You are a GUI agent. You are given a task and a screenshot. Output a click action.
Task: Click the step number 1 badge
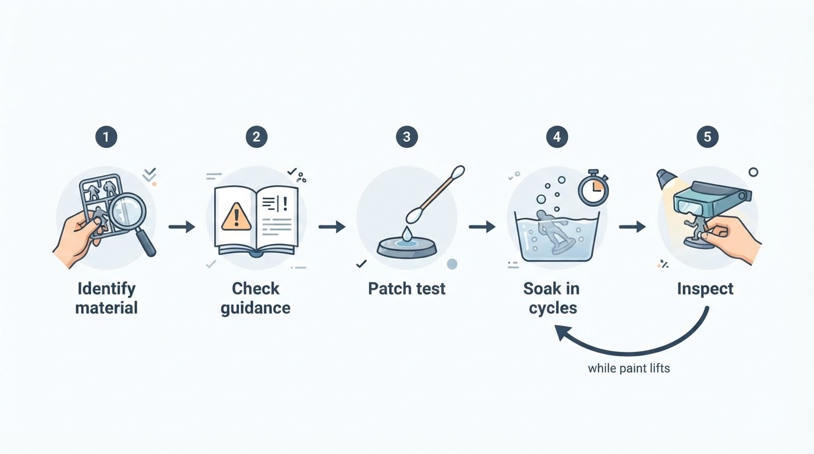point(106,137)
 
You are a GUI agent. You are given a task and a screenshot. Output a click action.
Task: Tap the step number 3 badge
point(406,137)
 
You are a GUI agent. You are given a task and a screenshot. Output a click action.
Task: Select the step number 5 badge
point(707,137)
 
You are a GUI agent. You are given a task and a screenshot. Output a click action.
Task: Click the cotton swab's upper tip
point(458,173)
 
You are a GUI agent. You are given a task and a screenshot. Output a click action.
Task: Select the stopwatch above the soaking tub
point(593,188)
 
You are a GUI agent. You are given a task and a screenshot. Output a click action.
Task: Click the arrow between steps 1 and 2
point(182,227)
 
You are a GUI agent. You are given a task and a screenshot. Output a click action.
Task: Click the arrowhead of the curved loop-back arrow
point(563,333)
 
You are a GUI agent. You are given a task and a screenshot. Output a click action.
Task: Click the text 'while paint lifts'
point(629,368)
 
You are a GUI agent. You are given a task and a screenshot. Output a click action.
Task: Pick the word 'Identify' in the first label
point(106,289)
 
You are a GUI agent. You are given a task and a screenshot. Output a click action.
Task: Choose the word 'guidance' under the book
point(256,309)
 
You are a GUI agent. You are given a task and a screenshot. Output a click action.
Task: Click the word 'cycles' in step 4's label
point(553,309)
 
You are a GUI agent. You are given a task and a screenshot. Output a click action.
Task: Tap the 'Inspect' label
point(705,289)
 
